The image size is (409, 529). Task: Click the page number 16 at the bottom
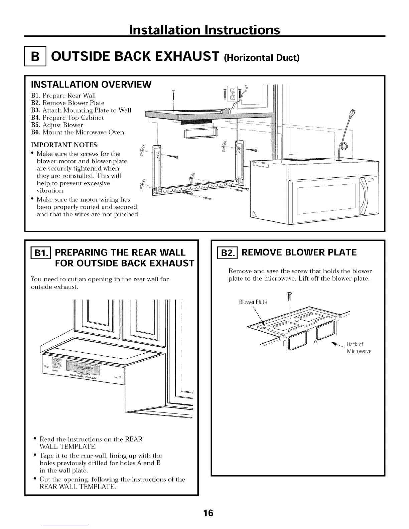(208, 513)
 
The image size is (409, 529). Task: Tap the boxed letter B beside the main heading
(35, 57)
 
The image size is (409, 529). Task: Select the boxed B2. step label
(225, 253)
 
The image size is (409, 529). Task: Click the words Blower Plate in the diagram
(253, 302)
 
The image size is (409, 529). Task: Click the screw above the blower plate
(290, 296)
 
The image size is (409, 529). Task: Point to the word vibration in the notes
(51, 191)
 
